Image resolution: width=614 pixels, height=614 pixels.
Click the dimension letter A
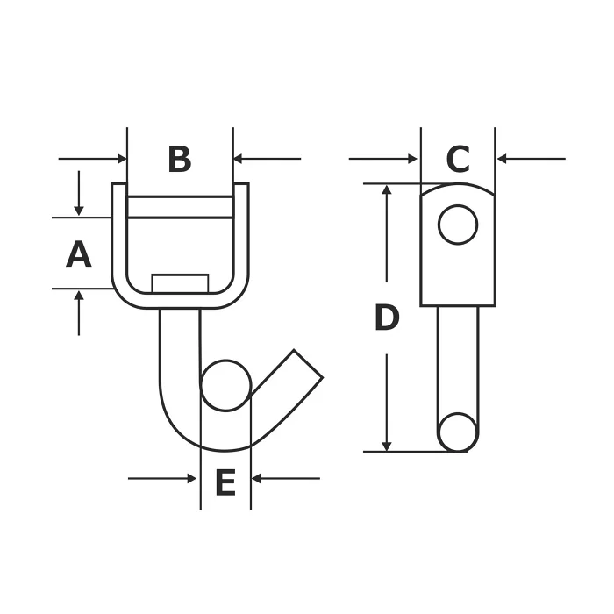[79, 254]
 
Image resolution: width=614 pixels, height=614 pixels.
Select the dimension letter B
[180, 159]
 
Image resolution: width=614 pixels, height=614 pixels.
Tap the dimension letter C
[458, 159]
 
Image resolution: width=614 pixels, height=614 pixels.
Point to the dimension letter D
[387, 318]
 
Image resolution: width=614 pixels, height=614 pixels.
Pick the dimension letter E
[225, 482]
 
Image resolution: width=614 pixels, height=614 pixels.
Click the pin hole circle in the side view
[458, 225]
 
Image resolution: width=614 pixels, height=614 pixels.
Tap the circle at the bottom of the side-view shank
[458, 432]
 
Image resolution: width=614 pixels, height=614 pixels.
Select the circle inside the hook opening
[225, 385]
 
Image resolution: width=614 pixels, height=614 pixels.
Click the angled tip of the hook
[308, 364]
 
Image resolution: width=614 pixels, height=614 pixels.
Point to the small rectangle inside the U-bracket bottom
[180, 283]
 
